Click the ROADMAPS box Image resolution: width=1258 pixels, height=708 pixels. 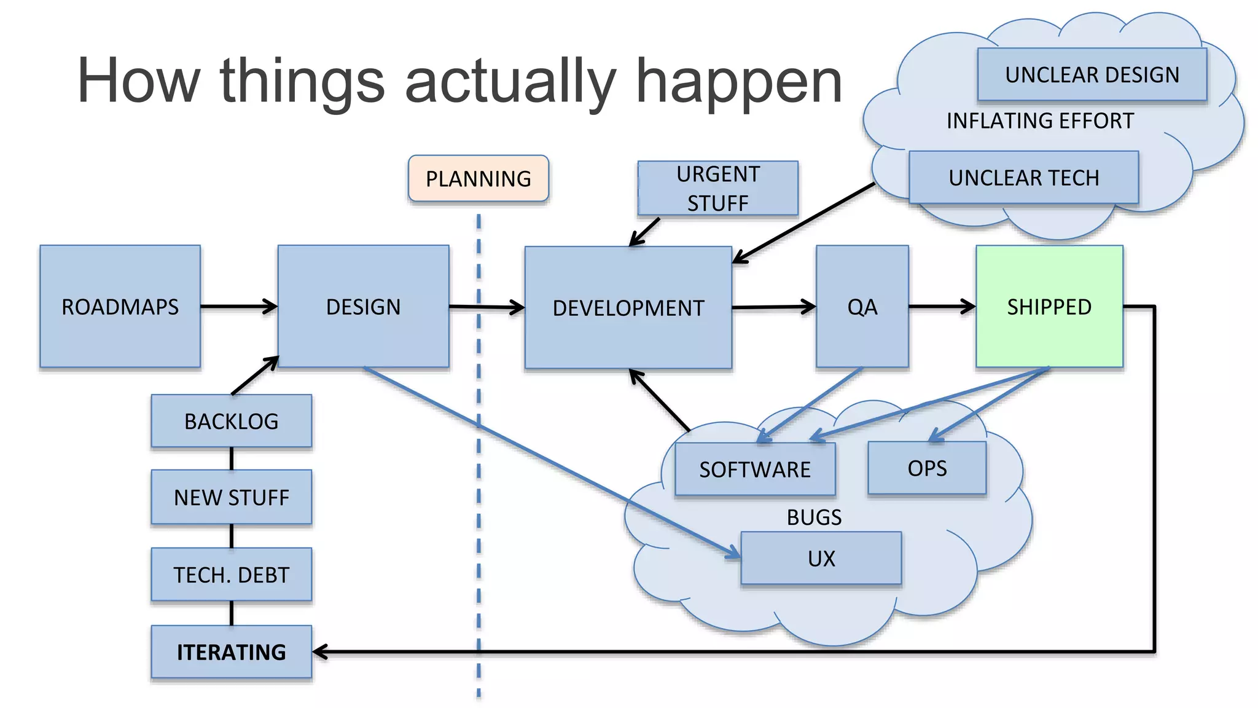(x=120, y=306)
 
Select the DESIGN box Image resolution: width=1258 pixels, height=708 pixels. (x=363, y=306)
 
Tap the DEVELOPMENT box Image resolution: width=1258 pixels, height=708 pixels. (x=628, y=307)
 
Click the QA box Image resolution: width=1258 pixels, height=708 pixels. (x=862, y=306)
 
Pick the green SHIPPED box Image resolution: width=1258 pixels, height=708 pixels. (x=1049, y=306)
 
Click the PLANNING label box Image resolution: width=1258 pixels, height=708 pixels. (x=478, y=178)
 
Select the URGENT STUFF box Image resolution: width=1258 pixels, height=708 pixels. (x=717, y=188)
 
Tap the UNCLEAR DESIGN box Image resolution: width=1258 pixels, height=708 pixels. (x=1092, y=74)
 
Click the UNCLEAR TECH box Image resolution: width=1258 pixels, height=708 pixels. (x=1023, y=177)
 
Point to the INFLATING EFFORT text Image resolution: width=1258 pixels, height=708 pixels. (x=1040, y=120)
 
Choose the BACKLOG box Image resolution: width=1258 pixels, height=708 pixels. (x=231, y=421)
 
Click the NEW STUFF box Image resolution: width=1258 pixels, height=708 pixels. (x=231, y=497)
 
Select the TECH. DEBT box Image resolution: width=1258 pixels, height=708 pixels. (x=231, y=574)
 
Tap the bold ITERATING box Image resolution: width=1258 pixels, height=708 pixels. (x=231, y=651)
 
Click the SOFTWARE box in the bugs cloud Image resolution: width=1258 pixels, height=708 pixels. (x=754, y=469)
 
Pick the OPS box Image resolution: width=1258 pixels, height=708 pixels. (x=926, y=468)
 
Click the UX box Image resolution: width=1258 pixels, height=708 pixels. (x=821, y=558)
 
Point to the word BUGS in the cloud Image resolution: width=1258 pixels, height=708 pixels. (x=814, y=517)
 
